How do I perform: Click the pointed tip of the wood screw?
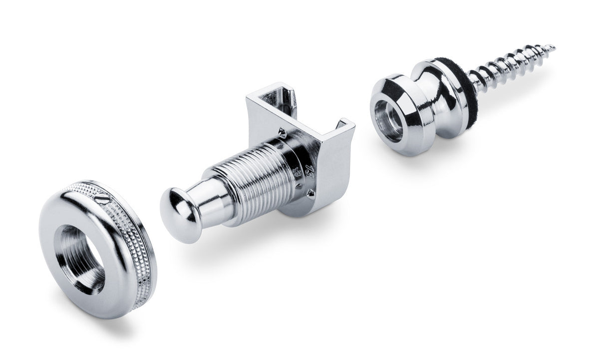click(x=553, y=47)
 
